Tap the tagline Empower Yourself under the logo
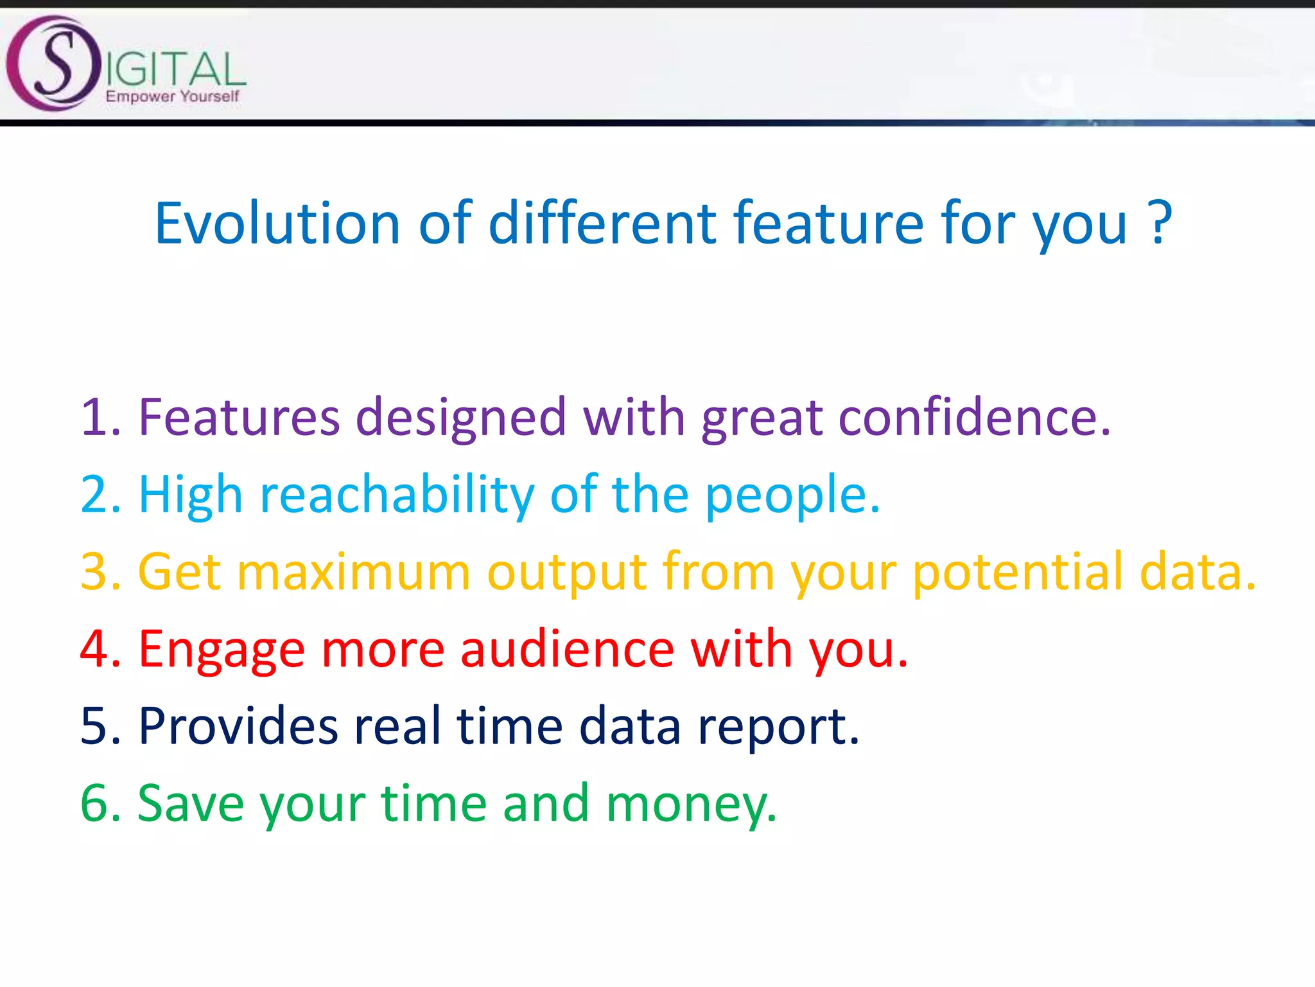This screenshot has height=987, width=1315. coord(172,96)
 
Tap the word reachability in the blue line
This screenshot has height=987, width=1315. coord(397,495)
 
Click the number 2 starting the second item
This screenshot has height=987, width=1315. coord(95,495)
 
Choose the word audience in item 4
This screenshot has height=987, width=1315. coord(568,649)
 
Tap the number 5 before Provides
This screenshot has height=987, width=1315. coord(95,726)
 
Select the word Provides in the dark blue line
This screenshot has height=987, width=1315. coord(238,726)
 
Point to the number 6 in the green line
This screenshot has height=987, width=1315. coord(95,803)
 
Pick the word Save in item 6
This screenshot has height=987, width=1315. coord(191,803)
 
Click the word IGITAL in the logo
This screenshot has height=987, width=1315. coord(175,69)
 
